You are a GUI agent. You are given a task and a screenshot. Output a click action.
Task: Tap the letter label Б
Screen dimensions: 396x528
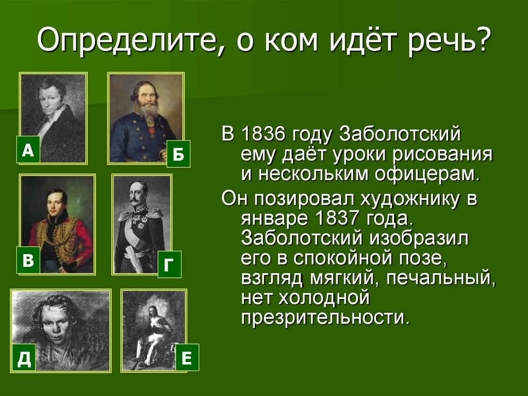pyautogui.click(x=178, y=154)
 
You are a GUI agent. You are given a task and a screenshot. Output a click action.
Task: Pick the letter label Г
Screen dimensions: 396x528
pyautogui.click(x=169, y=265)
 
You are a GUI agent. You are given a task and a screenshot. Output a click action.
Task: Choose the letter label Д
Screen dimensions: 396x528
pyautogui.click(x=24, y=357)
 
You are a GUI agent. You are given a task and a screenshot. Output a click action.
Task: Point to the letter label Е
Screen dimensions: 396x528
pyautogui.click(x=187, y=357)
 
